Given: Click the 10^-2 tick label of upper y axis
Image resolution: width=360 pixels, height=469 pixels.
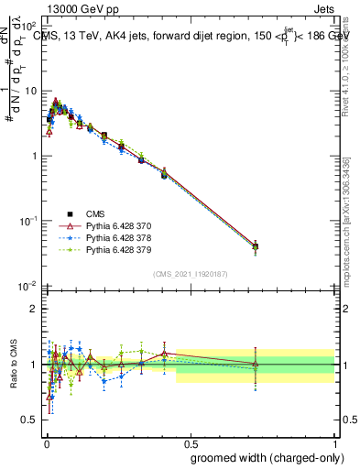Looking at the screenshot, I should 29,286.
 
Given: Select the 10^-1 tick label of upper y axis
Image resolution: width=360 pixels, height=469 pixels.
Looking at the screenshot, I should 29,221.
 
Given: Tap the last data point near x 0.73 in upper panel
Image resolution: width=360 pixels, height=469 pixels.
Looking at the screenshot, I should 256,246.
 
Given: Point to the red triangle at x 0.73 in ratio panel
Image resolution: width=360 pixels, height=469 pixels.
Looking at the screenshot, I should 256,365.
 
